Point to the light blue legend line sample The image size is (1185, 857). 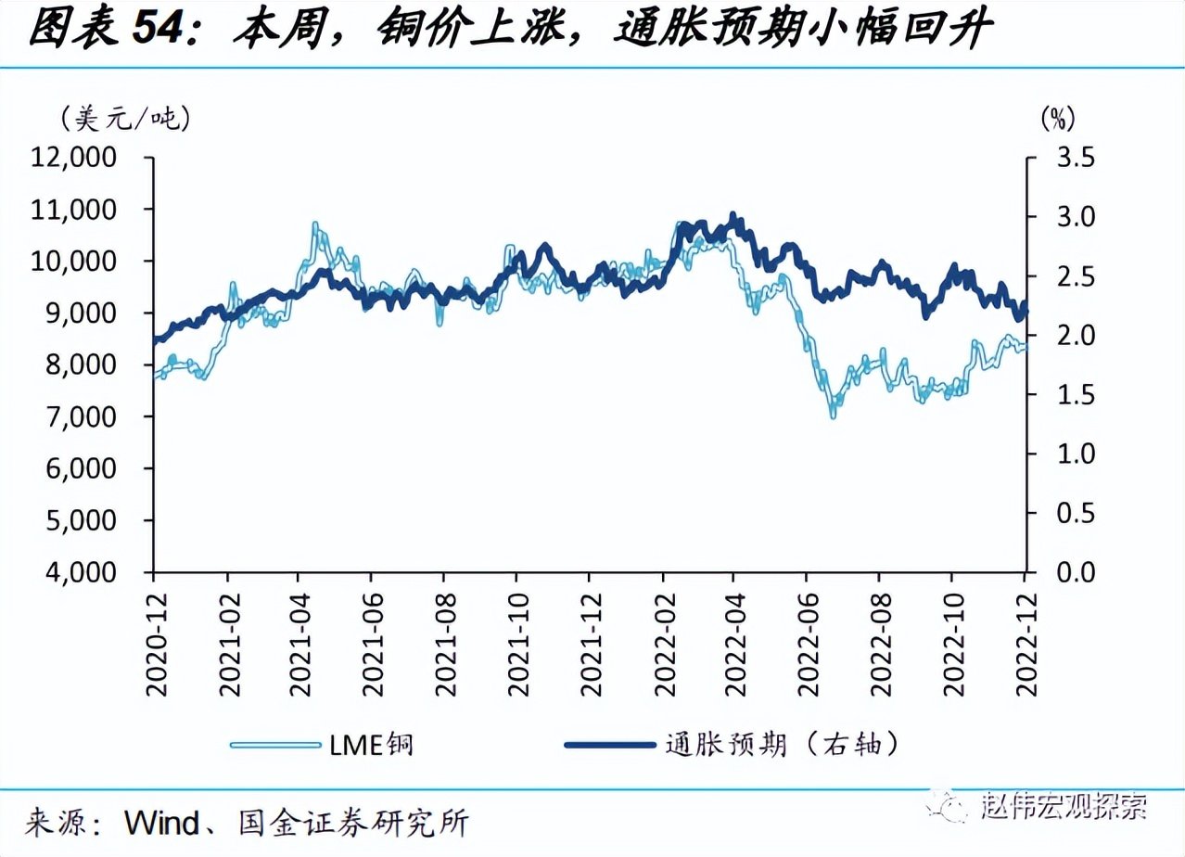pos(274,744)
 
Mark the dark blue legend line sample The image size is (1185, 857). pos(608,744)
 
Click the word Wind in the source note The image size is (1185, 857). pos(161,822)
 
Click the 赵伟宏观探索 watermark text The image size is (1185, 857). pos(1064,806)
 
